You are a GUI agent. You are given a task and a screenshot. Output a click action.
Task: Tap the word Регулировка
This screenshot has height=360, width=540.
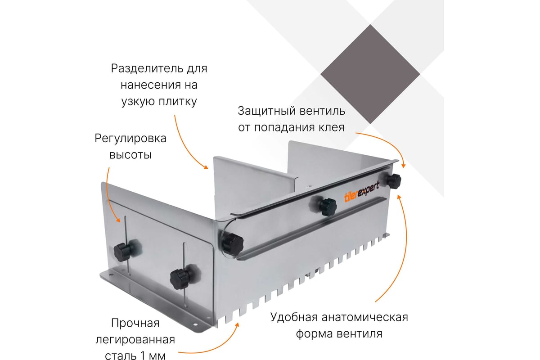[x=130, y=139]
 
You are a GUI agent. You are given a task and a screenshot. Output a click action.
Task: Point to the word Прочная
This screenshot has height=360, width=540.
[x=135, y=323]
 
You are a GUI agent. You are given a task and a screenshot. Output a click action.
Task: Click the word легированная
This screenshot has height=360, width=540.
[x=135, y=340]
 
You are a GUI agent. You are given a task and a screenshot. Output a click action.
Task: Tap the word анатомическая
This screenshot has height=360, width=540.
[x=365, y=317]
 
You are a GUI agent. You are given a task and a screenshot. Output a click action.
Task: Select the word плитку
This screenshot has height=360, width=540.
[x=178, y=102]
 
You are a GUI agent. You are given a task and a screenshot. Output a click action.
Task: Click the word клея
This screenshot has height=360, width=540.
[x=332, y=127]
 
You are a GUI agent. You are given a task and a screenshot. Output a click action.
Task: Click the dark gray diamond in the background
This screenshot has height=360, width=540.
[x=370, y=74]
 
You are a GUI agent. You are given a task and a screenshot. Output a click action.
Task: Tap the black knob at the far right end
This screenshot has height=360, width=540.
[x=393, y=180]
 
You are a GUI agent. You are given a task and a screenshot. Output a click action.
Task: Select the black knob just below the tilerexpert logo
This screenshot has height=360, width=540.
[x=328, y=207]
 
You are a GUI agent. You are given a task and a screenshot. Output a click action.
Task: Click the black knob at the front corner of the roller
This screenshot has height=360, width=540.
[x=232, y=244]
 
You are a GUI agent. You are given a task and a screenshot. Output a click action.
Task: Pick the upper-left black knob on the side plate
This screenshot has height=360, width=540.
[x=124, y=251]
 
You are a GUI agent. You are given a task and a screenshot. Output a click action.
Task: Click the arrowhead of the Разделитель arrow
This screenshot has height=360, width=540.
[x=206, y=167]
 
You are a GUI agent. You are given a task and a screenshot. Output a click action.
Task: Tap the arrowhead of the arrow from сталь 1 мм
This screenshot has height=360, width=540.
[x=237, y=324]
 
